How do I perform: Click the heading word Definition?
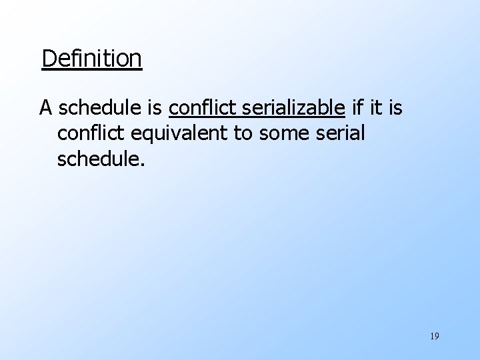(91, 59)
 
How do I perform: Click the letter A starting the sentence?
(45, 107)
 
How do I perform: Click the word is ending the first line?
(395, 107)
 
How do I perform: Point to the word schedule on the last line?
(97, 159)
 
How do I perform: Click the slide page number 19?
(434, 336)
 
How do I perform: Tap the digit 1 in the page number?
(431, 336)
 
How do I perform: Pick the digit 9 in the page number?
(437, 336)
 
